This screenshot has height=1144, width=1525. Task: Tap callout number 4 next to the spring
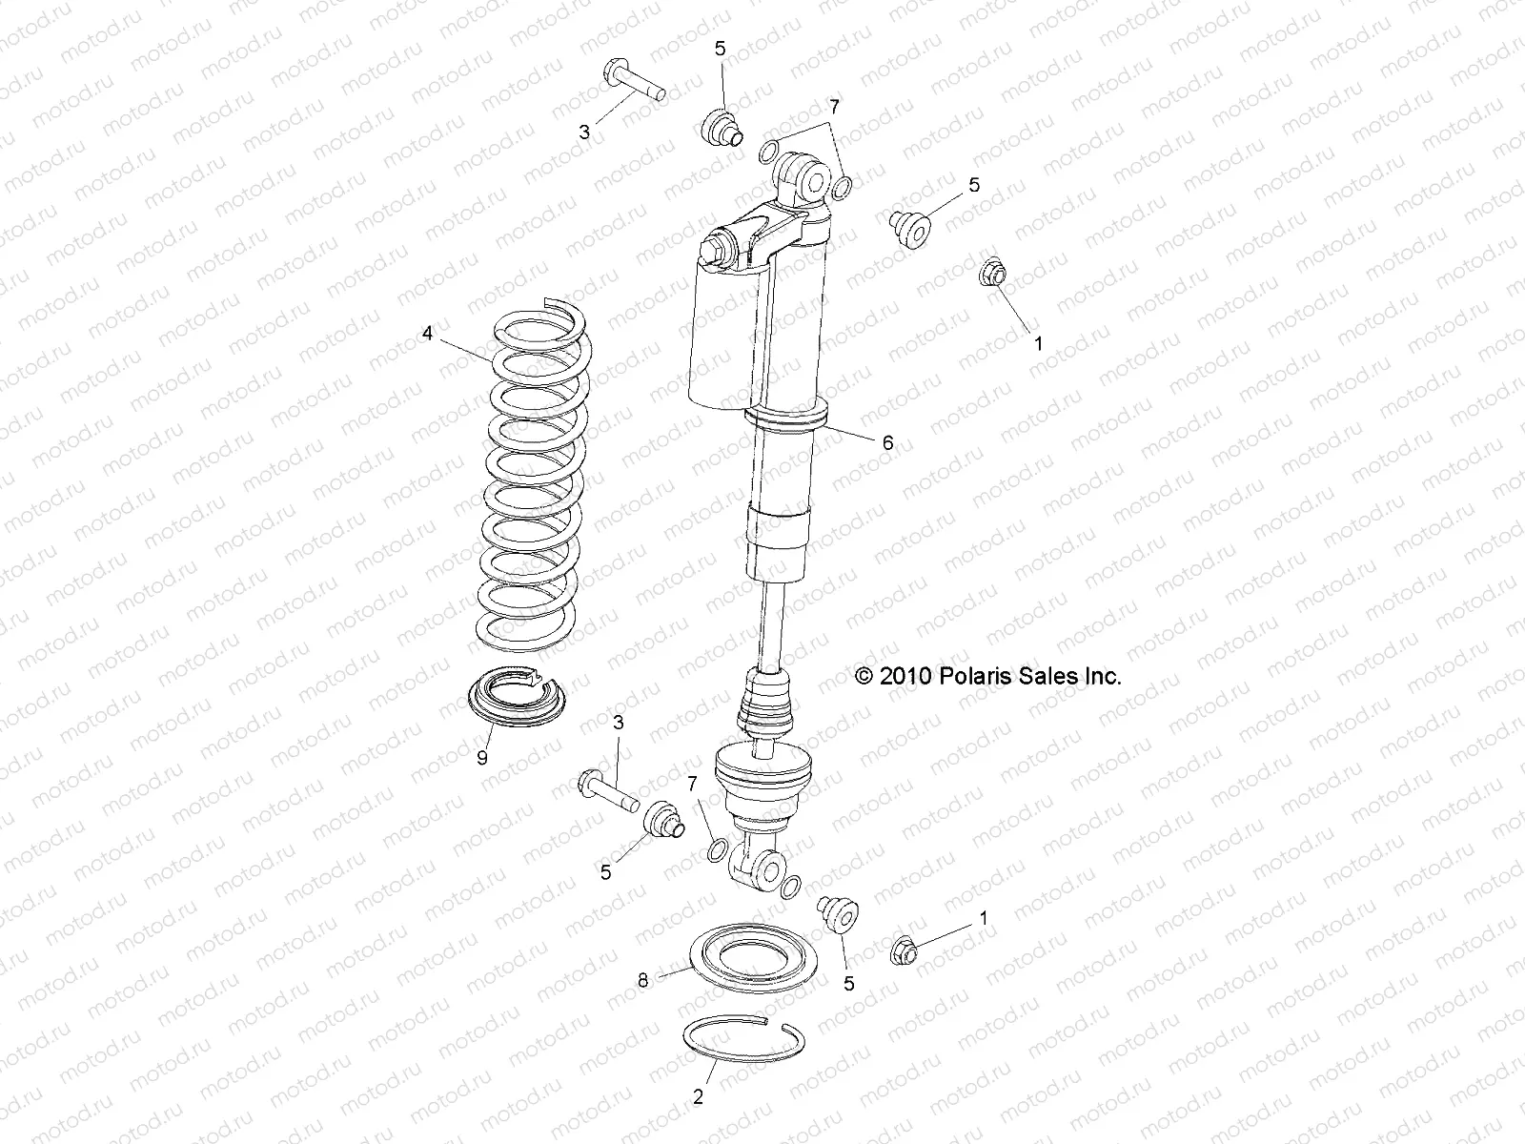click(x=428, y=334)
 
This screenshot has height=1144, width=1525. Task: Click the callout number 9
click(x=482, y=758)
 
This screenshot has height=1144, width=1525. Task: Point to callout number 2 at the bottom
click(x=699, y=1097)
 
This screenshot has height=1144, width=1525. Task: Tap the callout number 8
click(x=643, y=980)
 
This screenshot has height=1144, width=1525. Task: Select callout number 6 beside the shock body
click(x=887, y=442)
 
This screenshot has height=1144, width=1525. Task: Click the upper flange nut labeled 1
click(x=991, y=275)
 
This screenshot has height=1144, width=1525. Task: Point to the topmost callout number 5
click(x=721, y=48)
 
